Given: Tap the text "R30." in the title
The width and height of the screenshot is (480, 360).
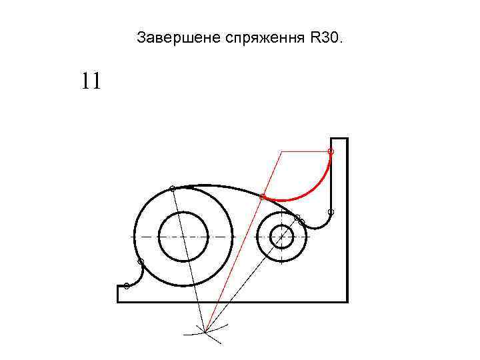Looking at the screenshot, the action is coord(325,37).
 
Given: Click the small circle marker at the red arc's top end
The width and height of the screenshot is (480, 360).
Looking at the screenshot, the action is coord(331,152).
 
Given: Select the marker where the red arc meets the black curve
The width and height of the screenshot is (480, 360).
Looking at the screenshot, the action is coord(263,197).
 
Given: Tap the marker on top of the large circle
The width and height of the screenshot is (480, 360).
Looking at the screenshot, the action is coord(173,189).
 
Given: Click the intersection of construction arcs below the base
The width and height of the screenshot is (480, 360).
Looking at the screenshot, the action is coord(205,331).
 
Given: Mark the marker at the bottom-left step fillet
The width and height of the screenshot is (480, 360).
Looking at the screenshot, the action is coord(127,286).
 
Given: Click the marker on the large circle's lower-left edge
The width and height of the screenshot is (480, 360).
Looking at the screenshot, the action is coord(141,262).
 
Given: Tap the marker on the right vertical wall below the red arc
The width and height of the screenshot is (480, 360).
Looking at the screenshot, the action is coord(331,212).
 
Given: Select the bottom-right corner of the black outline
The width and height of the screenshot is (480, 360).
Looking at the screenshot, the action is coord(347,301).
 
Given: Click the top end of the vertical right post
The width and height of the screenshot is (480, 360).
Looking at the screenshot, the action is coord(339,139).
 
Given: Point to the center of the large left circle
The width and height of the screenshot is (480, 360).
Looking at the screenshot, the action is coord(183,237).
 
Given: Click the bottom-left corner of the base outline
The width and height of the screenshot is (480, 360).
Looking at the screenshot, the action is coord(118,301).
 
